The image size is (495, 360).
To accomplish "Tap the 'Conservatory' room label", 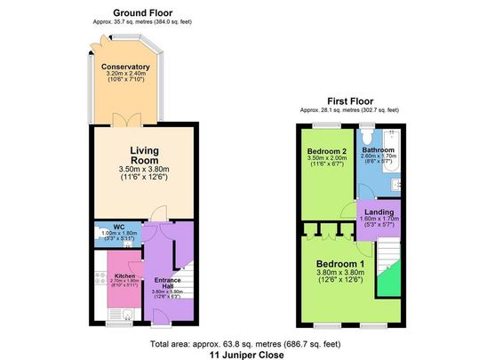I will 125,67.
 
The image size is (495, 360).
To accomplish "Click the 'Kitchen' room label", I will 124,276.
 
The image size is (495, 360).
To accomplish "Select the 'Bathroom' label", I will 378,150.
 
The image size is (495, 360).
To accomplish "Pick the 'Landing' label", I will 379,212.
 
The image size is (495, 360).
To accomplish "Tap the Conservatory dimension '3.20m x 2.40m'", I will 125,76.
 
